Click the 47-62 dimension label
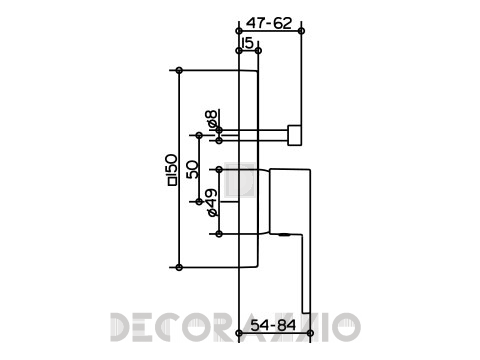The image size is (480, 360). click(x=269, y=23)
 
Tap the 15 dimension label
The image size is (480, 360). click(x=247, y=43)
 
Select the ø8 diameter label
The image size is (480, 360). click(x=211, y=118)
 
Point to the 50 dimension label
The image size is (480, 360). click(x=192, y=169)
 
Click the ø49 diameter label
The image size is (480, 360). click(x=212, y=203)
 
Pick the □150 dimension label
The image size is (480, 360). click(x=172, y=169)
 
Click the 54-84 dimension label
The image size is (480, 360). click(x=273, y=325)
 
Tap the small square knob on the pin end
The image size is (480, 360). click(x=295, y=135)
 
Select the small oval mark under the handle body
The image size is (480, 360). click(x=284, y=235)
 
